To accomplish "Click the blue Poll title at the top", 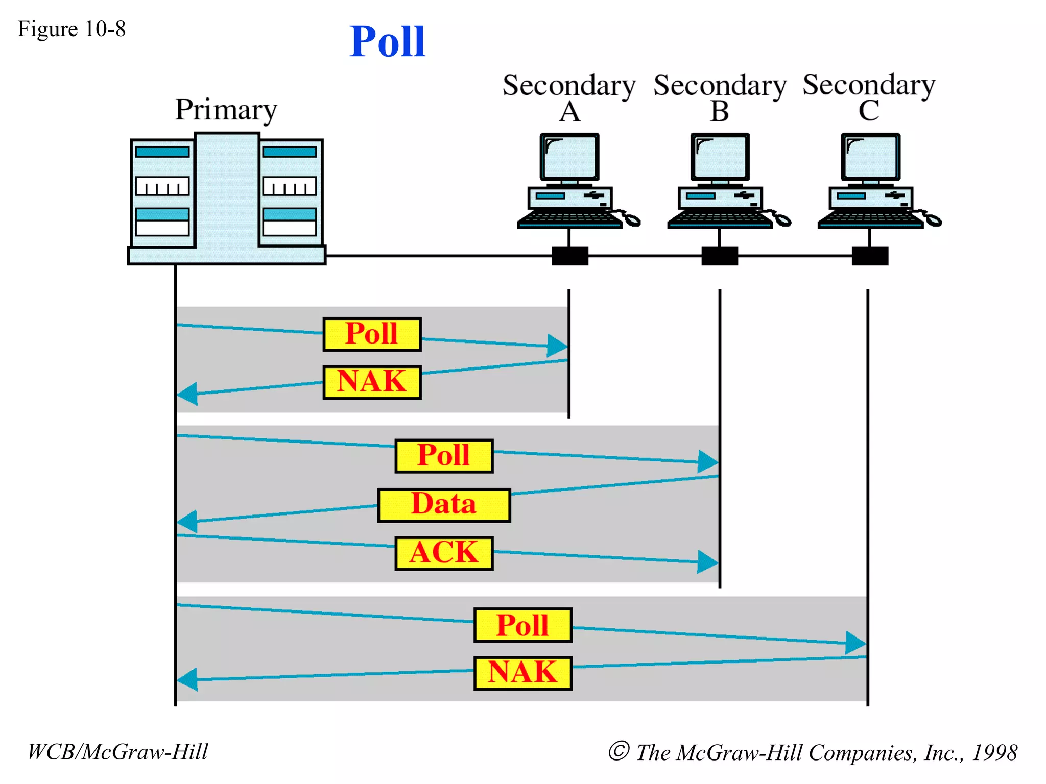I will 387,42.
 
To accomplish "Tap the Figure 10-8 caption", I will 72,29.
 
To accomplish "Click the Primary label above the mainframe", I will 226,110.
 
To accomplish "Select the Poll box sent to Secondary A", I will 372,334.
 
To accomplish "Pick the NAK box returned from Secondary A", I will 372,382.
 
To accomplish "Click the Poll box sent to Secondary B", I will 444,456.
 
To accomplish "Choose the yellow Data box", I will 444,505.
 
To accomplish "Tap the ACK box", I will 444,553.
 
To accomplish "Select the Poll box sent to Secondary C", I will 522,625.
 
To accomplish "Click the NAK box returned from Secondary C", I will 522,673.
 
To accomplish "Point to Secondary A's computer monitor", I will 569,157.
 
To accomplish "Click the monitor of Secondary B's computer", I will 720,157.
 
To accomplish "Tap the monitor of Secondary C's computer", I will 870,157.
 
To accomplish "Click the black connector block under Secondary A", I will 570,256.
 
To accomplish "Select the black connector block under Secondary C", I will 870,256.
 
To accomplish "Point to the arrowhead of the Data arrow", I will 187,521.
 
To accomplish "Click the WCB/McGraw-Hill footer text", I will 117,752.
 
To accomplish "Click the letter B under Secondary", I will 720,111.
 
